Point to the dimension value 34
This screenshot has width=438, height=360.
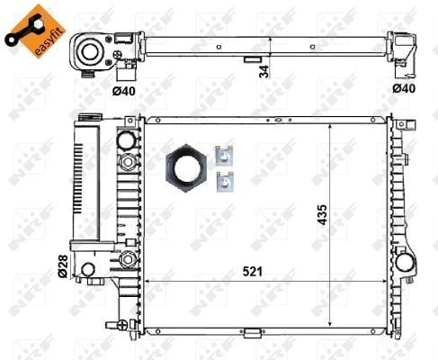pyautogui.click(x=264, y=69)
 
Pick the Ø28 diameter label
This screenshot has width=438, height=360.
pyautogui.click(x=63, y=265)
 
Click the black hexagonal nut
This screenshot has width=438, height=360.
pyautogui.click(x=187, y=169)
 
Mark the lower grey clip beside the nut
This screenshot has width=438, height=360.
pyautogui.click(x=224, y=181)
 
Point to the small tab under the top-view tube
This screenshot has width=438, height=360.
pyautogui.click(x=251, y=60)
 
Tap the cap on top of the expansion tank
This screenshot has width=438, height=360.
pyautogui.click(x=89, y=119)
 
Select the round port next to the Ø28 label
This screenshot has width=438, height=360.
pyautogui.click(x=88, y=269)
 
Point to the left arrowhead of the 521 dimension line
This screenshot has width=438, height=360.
pyautogui.click(x=149, y=279)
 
